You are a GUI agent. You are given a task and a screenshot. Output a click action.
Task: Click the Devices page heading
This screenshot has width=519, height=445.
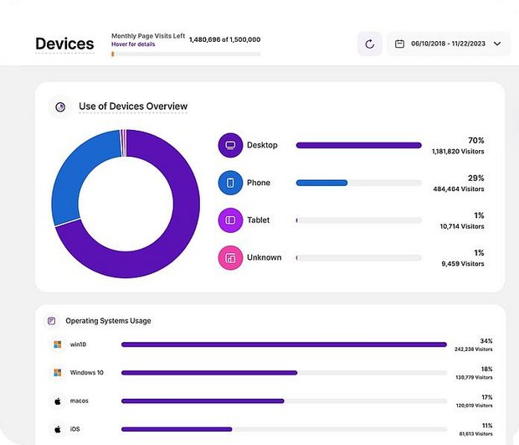point(64,44)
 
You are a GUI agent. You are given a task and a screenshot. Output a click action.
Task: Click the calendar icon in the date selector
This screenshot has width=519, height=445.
point(399,44)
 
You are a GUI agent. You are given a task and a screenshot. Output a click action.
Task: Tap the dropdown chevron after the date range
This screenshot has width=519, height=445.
point(497,44)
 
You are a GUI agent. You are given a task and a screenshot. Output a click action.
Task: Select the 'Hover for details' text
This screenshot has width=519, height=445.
point(133,44)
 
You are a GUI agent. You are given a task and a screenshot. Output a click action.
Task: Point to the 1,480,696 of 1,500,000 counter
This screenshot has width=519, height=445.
point(224,39)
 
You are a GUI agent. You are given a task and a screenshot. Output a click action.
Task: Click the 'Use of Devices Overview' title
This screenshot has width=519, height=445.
point(133,106)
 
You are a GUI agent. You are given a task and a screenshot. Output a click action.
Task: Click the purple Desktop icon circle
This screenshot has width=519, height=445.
point(229,145)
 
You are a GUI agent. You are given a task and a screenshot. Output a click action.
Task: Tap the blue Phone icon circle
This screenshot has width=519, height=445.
point(229,183)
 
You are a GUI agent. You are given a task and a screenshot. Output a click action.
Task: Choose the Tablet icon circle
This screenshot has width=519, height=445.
point(229,220)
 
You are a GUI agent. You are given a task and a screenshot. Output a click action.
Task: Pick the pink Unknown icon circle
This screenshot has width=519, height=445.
point(229,257)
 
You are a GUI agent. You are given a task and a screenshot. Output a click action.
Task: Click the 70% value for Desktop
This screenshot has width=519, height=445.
point(475,140)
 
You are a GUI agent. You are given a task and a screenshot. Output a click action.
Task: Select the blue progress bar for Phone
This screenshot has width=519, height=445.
point(321,183)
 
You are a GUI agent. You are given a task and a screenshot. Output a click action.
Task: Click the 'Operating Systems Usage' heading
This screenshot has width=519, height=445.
point(108,321)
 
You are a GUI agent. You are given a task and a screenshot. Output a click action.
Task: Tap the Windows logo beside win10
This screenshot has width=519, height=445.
point(58,344)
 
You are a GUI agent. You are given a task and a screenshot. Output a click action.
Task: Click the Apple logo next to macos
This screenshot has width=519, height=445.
point(58,401)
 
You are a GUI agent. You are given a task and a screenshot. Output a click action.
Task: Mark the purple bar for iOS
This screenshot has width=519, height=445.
point(176,429)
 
